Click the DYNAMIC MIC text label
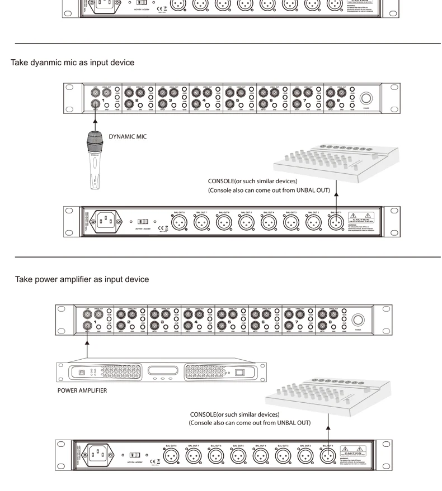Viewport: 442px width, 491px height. tap(128, 137)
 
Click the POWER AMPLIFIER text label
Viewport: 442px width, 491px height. tap(82, 390)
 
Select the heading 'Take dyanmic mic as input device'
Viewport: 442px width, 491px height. tap(73, 63)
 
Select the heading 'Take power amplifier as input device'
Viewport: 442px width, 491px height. tap(82, 279)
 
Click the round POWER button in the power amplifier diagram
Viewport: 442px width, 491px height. tap(358, 321)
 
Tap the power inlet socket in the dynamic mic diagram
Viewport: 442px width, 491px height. tap(106, 222)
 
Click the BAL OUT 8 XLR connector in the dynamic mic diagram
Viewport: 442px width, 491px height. tap(178, 223)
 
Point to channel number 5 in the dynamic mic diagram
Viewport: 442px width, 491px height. tap(238, 101)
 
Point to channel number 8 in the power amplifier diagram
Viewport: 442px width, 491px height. tap(330, 322)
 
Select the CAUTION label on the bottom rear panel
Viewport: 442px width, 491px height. tap(352, 450)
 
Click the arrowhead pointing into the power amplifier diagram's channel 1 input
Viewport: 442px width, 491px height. tap(87, 339)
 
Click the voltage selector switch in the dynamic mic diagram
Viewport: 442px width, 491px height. tap(143, 222)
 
